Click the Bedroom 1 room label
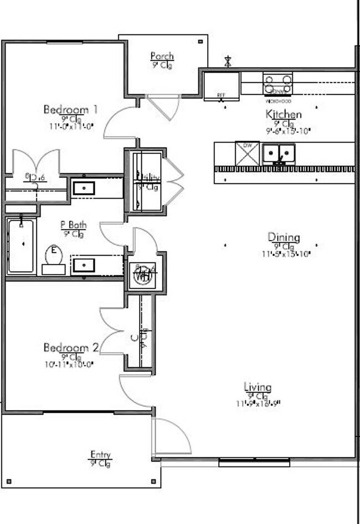70,110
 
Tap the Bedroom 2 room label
71,348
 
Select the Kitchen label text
284,115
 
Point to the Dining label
284,237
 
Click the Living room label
258,387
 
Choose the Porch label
162,56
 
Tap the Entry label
100,455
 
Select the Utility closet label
148,178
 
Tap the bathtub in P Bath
21,246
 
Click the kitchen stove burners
277,84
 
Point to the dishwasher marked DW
247,153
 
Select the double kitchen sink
279,153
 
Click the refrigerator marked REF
221,86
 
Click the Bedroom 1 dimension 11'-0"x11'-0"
71,126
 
